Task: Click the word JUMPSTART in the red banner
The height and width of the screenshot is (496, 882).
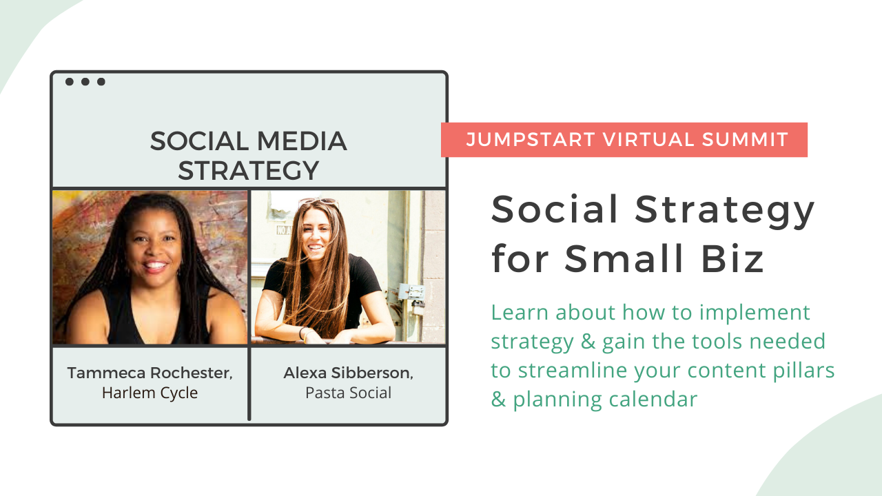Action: tap(530, 139)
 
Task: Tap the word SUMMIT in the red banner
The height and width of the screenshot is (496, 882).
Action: tap(745, 139)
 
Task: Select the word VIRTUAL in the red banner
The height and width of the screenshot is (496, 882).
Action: tap(648, 139)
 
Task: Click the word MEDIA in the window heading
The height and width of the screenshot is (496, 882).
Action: tap(302, 141)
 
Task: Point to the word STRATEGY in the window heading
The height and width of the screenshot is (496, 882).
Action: tap(249, 170)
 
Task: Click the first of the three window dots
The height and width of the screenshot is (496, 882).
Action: tap(70, 81)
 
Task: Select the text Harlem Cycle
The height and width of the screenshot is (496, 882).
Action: tap(150, 393)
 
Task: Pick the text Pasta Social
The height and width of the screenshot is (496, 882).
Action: tap(348, 393)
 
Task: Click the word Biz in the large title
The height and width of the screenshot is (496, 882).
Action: tap(732, 258)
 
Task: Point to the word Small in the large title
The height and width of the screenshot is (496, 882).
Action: tap(624, 258)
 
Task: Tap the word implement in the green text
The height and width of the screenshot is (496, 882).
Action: tap(755, 313)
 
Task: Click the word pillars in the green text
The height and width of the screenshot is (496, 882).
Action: tap(803, 371)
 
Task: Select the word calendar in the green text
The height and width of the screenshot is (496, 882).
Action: tap(653, 399)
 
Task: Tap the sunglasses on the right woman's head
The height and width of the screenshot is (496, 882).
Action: tap(319, 203)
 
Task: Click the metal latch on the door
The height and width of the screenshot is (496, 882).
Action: tap(412, 294)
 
